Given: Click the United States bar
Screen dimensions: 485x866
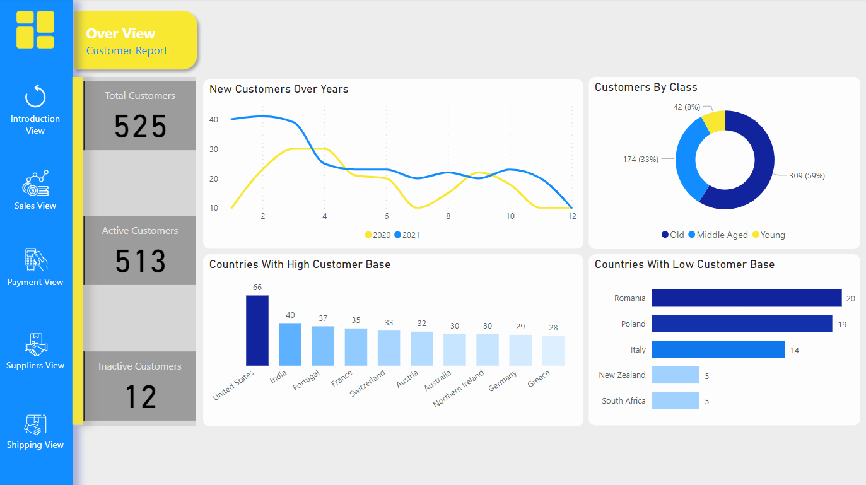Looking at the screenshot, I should coord(257,330).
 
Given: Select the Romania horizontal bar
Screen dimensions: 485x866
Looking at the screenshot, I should coord(746,298).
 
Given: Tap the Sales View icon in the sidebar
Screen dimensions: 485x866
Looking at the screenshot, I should coord(35,184).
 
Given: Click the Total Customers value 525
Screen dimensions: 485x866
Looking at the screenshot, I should coord(140,126).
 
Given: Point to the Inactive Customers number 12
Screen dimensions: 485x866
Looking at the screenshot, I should coord(140,397).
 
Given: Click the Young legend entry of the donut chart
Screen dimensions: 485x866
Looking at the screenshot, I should coord(768,235).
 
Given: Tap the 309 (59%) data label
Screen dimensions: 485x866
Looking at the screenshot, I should coord(807,175).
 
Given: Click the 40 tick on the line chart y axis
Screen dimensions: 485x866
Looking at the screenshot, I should coord(214,119).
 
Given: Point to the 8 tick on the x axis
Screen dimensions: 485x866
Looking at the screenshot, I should coord(448,216).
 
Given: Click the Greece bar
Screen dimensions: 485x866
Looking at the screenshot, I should coord(553,350).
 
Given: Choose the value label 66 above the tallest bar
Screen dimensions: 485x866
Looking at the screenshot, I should coord(257,287).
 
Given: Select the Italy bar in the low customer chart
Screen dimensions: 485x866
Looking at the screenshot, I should coord(718,349).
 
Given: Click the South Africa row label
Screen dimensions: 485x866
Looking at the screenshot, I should coord(623,400).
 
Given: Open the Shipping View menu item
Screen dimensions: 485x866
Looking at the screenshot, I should coord(35,445).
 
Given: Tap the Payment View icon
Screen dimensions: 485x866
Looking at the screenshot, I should coord(35,259).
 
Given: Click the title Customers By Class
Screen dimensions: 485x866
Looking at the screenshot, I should coord(645,87).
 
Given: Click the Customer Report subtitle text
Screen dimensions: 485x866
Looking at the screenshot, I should coord(127,50).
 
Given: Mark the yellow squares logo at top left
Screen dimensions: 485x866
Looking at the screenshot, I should coord(35,30).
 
